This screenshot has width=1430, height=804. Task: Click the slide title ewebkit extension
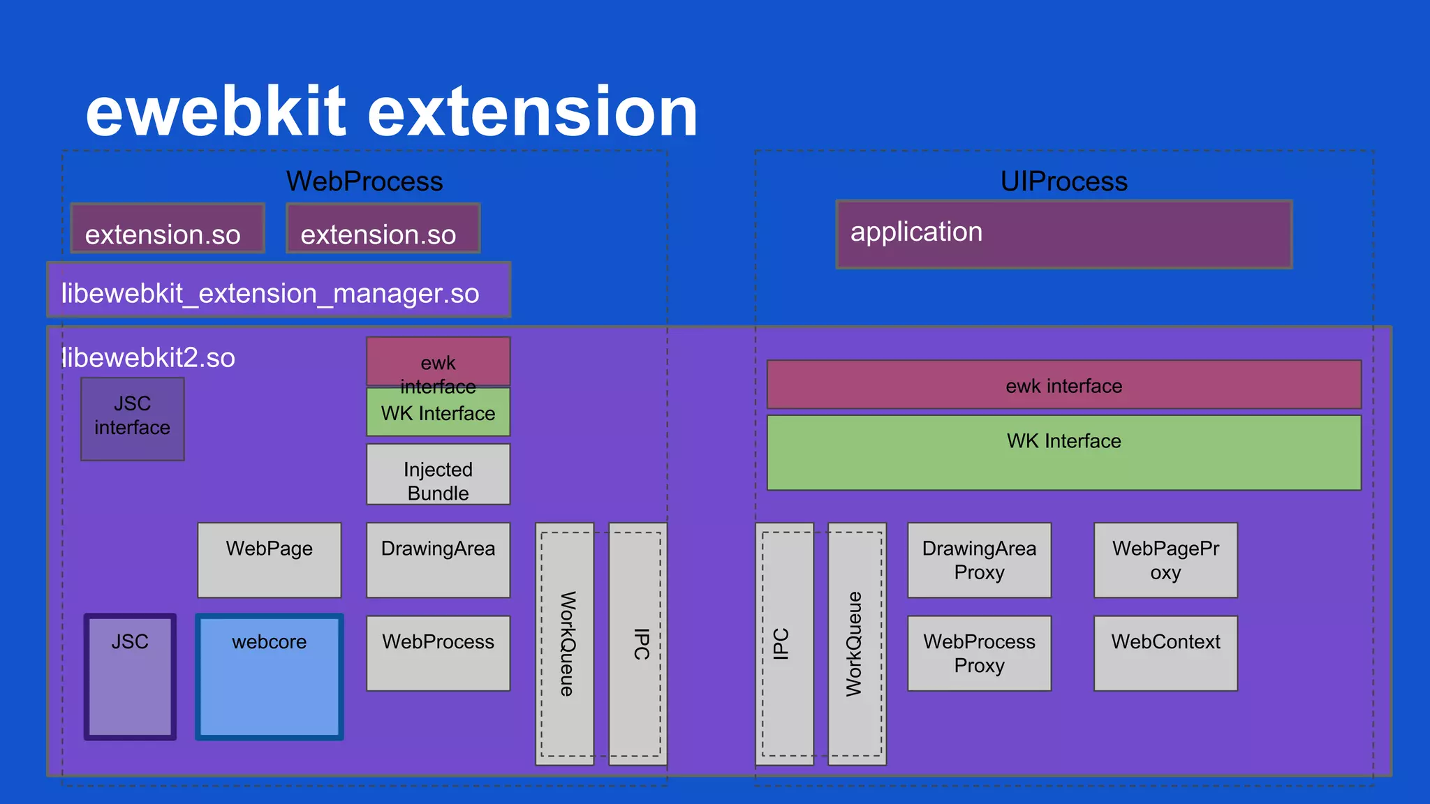[391, 112]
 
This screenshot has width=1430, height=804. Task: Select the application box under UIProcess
[1064, 234]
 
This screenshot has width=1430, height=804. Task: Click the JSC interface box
[132, 419]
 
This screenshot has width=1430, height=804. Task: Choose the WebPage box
[269, 560]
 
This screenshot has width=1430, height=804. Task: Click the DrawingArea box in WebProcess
[438, 560]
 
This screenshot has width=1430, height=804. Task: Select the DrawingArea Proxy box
[979, 560]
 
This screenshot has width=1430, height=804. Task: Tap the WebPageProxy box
[1165, 560]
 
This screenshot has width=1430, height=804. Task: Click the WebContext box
[1165, 653]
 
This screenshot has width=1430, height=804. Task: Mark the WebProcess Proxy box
[979, 653]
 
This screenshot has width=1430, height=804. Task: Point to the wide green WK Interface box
[1063, 452]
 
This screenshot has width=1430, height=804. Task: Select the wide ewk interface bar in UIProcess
[1063, 385]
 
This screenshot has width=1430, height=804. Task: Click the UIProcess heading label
[1063, 181]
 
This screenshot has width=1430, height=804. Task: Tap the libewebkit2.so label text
[148, 358]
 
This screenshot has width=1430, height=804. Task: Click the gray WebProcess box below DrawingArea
[438, 653]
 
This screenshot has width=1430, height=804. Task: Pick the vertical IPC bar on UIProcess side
[783, 643]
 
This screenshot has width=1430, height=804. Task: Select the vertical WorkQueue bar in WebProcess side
[565, 643]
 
